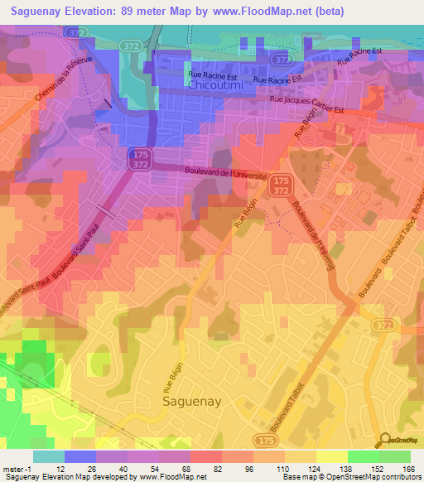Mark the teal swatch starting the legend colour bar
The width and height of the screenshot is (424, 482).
[48, 455]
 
